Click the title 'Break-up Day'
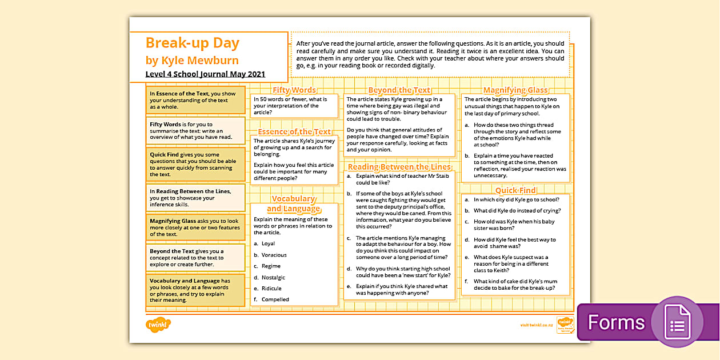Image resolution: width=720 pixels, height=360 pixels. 193,43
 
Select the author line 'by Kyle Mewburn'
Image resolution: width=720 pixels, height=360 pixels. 192,60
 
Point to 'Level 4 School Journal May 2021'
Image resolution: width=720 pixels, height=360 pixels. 205,74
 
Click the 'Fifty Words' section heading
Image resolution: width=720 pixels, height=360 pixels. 294,90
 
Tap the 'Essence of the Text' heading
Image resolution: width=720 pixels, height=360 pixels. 294,132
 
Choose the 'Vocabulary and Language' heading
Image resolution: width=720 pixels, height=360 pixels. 294,203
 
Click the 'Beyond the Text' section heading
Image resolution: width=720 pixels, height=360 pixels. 399,90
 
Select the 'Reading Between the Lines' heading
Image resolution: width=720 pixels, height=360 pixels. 399,167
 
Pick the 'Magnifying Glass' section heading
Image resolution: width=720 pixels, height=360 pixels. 515,90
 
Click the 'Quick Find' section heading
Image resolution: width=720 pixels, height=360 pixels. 515,190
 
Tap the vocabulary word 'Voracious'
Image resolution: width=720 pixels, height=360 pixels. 274,255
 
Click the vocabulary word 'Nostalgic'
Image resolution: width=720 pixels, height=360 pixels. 273,277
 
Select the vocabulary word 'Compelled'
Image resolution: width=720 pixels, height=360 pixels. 275,299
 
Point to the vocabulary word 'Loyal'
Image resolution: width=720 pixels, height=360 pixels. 268,244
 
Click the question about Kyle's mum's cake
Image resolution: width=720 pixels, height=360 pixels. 514,285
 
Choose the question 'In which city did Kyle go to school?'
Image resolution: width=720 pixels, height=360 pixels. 516,199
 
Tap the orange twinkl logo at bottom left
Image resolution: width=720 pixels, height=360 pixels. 158,325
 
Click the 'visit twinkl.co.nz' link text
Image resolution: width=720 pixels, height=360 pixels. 536,325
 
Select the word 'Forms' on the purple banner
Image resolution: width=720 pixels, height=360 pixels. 616,323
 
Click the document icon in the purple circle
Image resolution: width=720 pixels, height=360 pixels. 677,322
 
